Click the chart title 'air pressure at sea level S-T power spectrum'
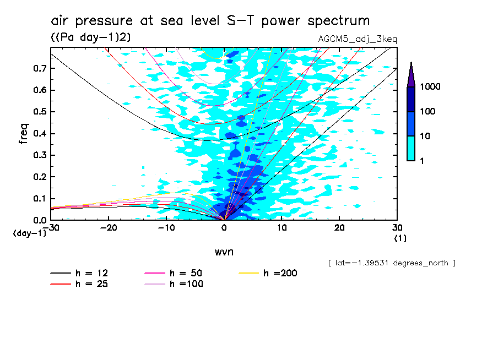[x=210, y=21]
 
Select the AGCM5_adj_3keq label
[x=358, y=39]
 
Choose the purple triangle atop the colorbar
[x=411, y=75]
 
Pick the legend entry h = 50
[x=185, y=273]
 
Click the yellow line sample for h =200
[x=250, y=273]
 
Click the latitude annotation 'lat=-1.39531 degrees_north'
[x=392, y=263]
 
